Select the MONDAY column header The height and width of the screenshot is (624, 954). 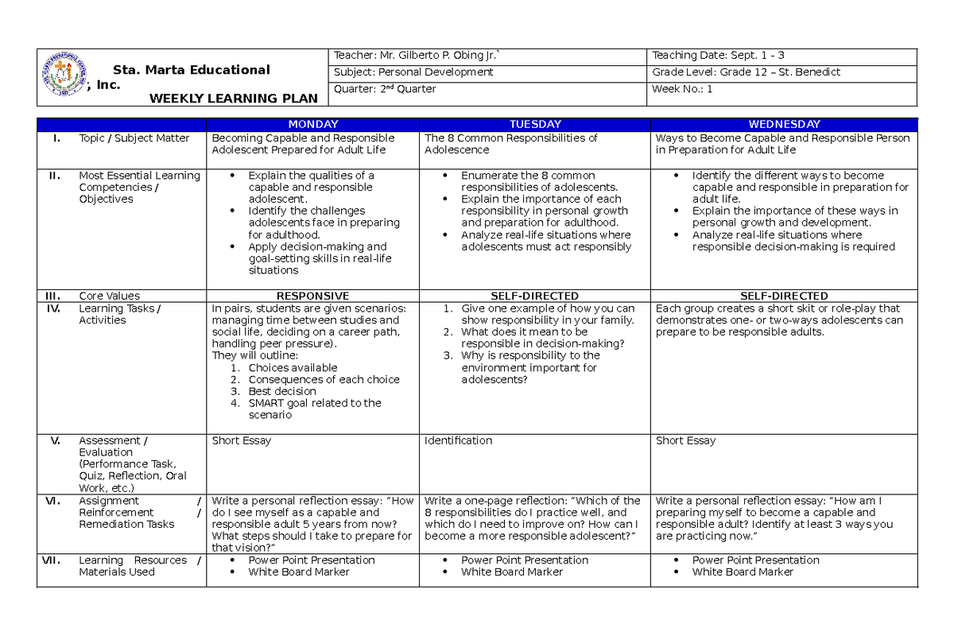point(312,124)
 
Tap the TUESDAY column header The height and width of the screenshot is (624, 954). point(534,124)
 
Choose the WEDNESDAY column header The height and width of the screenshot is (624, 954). point(784,124)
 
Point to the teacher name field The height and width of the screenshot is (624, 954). point(417,55)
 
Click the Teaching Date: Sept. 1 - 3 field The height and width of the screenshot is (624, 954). point(718,55)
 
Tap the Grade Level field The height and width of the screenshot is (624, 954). point(746,72)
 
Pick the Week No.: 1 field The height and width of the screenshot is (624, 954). point(682,89)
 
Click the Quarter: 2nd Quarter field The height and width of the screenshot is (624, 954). point(385,89)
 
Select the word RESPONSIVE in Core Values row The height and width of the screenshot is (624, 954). point(312,296)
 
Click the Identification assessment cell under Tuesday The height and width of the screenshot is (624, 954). point(458,440)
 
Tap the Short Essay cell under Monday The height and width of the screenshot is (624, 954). point(241,440)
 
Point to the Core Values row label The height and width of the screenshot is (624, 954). point(108,296)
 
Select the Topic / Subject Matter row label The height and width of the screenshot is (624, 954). point(134,138)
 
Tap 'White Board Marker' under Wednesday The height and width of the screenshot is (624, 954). point(742,572)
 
